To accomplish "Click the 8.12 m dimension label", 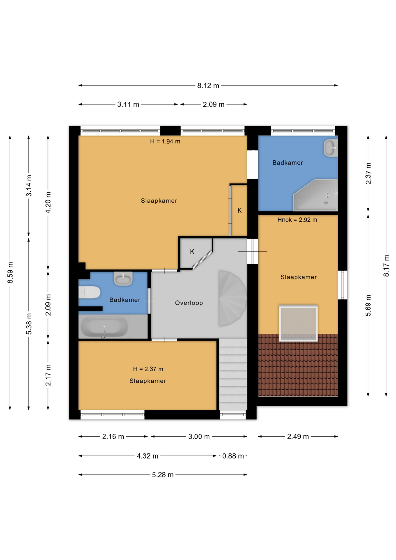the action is [208, 85].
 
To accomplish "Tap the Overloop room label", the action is [189, 303].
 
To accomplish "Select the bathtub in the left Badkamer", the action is [104, 326].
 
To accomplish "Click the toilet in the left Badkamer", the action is [89, 292].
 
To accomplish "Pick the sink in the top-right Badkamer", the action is [331, 148].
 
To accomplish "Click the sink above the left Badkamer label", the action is [123, 278].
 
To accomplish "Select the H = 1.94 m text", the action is [165, 141].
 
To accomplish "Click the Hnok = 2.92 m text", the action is [297, 220].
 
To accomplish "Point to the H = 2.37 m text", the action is [148, 369].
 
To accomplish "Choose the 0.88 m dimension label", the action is [233, 456].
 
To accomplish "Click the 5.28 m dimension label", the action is [163, 475].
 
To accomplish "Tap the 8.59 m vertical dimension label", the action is [10, 272].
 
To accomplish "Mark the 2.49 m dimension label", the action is [298, 437].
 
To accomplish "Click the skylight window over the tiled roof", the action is [298, 323].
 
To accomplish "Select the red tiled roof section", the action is [298, 365].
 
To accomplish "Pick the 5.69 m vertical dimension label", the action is [368, 305].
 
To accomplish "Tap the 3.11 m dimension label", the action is [128, 104].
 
